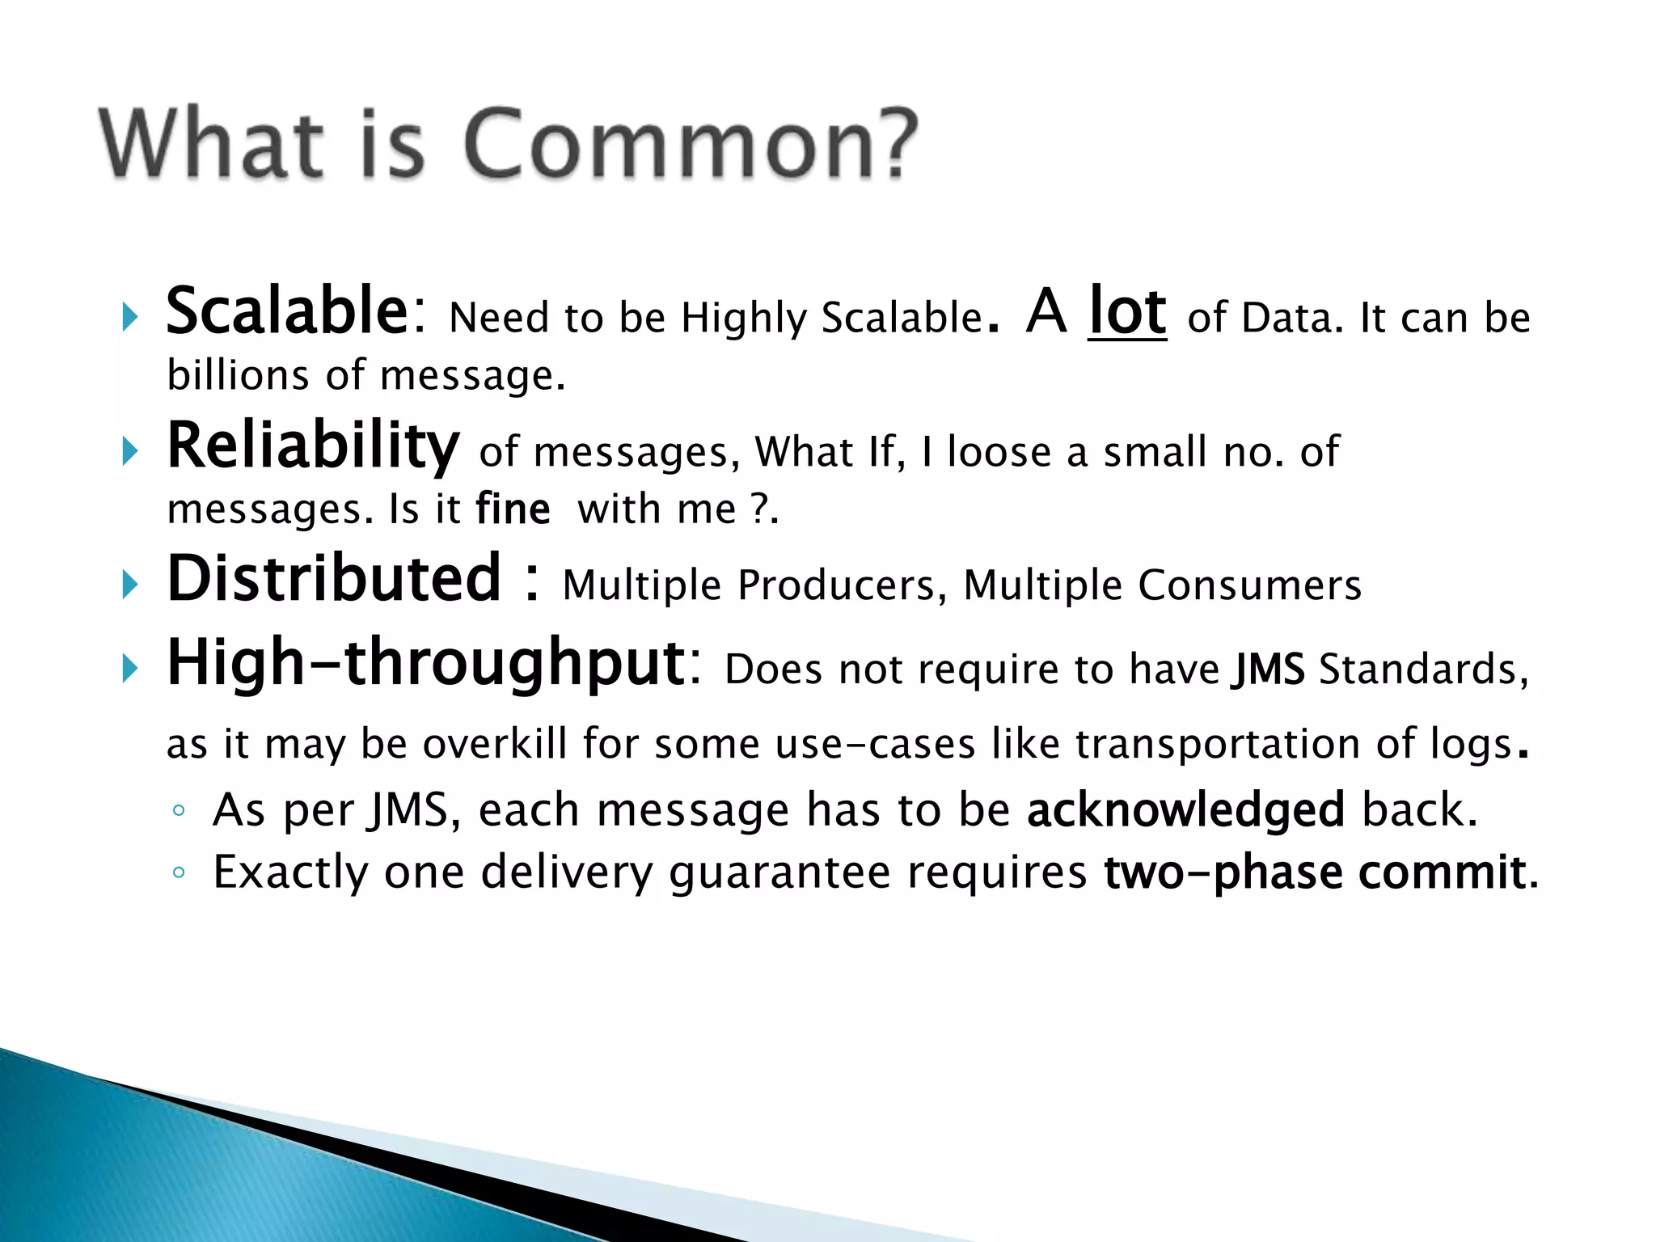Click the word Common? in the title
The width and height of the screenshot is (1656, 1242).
coord(691,146)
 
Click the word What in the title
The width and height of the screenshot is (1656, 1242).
coord(212,146)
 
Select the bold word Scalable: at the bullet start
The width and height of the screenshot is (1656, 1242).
coord(295,312)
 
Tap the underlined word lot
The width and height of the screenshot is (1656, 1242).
coord(1127,312)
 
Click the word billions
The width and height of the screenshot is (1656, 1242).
coord(238,376)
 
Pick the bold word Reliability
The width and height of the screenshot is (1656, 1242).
coord(313,447)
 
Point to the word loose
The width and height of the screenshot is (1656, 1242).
coord(999,452)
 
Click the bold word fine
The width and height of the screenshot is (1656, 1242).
coord(513,510)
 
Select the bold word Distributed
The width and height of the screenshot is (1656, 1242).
coord(334,579)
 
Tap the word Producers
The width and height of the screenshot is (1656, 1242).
coord(836,586)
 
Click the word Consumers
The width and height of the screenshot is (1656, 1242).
coord(1249,586)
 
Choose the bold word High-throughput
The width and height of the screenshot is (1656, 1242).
coord(426,663)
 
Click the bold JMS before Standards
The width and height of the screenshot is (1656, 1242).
coord(1268,670)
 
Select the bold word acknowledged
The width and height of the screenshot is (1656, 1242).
coord(1185,810)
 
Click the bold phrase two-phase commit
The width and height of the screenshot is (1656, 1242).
coord(1315,873)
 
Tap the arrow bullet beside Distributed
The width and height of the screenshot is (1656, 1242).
coord(130,585)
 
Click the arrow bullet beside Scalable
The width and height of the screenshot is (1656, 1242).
coord(130,318)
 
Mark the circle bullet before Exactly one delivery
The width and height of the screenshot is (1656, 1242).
coord(180,873)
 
